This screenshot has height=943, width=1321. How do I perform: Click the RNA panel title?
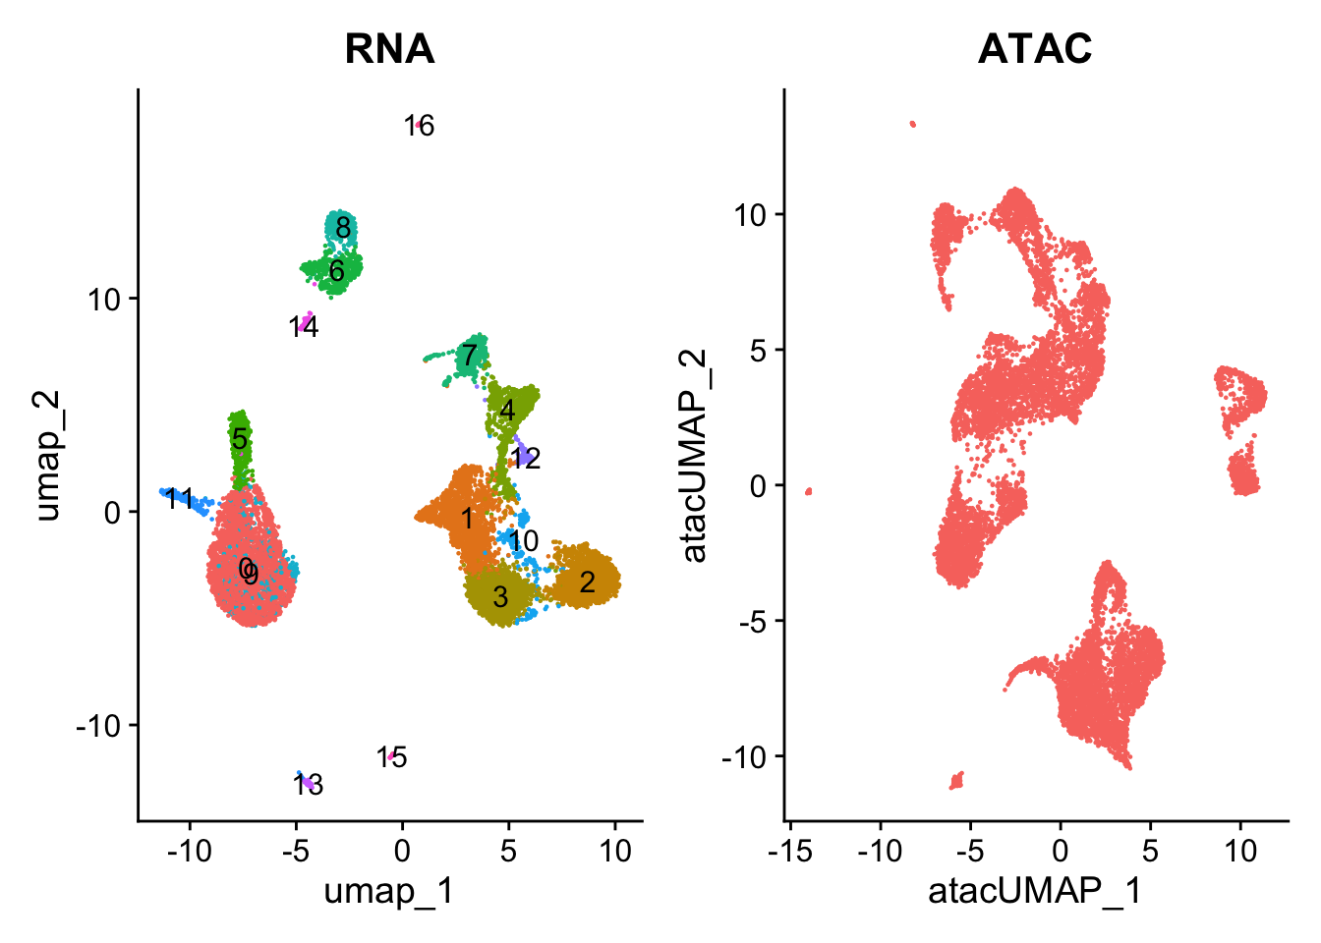389,49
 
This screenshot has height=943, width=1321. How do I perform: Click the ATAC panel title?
1035,49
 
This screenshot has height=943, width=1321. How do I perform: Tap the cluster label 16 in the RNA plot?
420,126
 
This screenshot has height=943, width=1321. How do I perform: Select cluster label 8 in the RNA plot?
343,228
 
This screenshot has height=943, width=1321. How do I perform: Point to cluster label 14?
304,327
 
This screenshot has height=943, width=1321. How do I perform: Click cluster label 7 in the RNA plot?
469,356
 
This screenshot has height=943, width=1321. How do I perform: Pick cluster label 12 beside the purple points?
526,459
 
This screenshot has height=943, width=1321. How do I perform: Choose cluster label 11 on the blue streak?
179,499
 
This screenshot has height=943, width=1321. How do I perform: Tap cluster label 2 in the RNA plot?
587,582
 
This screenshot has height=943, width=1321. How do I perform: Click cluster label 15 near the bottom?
391,757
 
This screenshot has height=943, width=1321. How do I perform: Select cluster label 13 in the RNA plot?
308,785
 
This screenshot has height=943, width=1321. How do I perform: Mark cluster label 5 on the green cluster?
239,439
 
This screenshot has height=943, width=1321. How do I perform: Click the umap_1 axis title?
389,892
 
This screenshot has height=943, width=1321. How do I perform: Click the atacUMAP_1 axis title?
1035,892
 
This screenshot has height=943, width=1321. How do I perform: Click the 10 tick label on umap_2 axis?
104,300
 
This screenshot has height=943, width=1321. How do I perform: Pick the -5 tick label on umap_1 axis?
296,851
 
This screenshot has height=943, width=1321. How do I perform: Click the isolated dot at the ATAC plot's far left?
809,491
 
